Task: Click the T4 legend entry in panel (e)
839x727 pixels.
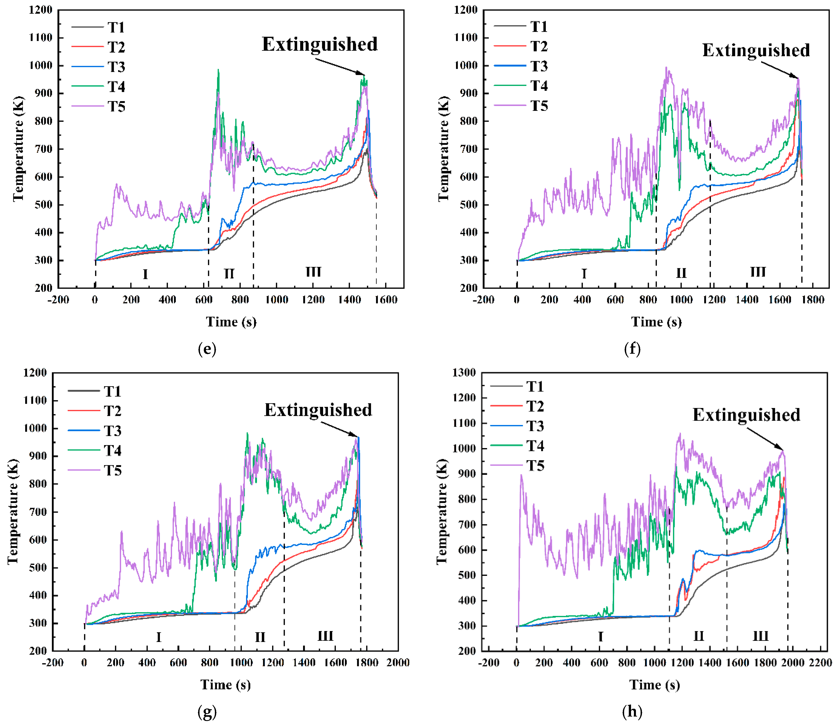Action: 116,86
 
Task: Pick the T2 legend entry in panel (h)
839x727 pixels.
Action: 535,406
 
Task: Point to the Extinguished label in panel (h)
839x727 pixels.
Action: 746,415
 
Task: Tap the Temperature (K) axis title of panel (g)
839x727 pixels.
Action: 13,511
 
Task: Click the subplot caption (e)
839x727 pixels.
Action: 207,349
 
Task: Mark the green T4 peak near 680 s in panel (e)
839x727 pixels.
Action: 218,70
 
